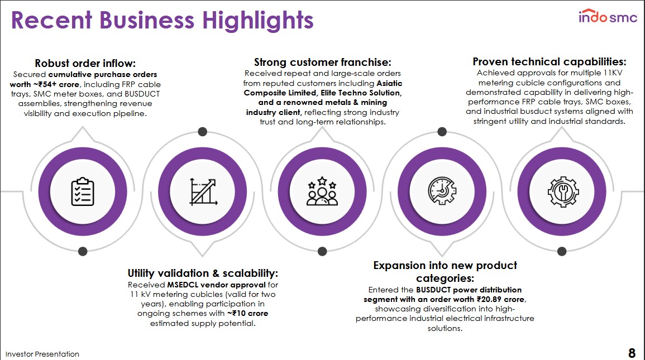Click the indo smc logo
(608, 16)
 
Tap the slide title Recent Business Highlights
(162, 20)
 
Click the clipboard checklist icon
(83, 191)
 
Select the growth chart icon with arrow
(203, 191)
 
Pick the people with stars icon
(322, 191)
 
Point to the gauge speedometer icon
(442, 191)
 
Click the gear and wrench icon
(563, 191)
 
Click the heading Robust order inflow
(85, 63)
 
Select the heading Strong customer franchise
(323, 62)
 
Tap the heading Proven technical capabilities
(549, 61)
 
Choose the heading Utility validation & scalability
(203, 273)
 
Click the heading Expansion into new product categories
(445, 272)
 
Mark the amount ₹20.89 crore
(500, 299)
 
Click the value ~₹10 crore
(247, 313)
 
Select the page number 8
(632, 353)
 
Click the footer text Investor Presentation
(42, 354)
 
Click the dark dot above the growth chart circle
(202, 132)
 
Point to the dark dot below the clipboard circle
(83, 251)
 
